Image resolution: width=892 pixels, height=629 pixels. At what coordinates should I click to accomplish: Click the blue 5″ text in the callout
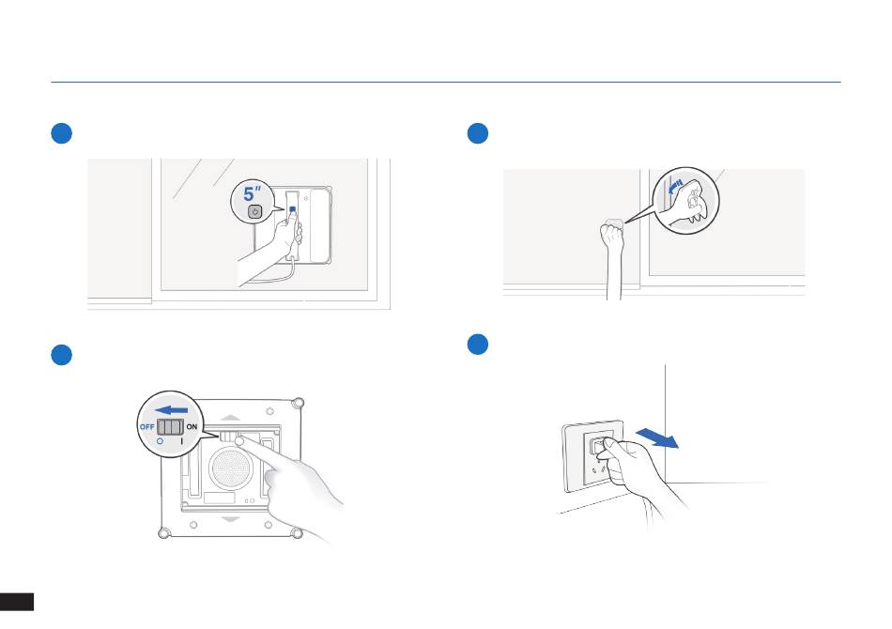252,193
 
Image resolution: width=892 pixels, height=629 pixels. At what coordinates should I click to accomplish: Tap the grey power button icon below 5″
254,211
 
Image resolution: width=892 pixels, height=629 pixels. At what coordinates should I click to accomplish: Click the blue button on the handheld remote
292,209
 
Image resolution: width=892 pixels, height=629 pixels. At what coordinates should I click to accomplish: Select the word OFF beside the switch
146,426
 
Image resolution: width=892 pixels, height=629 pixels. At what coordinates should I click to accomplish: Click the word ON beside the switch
192,426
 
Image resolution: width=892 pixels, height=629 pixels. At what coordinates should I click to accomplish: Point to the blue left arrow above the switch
171,410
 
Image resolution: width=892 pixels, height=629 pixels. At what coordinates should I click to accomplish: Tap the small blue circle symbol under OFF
161,440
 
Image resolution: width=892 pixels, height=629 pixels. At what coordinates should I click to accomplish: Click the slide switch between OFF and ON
170,426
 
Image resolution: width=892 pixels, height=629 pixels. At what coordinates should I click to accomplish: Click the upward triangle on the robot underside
230,418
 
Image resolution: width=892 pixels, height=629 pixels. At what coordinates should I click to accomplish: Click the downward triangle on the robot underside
230,519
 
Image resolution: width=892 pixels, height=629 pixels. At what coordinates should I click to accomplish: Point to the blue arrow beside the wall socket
656,438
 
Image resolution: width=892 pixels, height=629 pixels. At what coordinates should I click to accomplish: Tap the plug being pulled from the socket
599,446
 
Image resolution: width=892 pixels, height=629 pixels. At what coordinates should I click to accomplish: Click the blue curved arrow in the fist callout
675,186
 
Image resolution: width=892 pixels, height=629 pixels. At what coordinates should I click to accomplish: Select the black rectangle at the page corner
17,601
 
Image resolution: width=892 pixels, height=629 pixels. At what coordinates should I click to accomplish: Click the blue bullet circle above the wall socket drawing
478,345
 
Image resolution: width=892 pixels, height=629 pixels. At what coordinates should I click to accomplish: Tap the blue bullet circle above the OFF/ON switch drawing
61,355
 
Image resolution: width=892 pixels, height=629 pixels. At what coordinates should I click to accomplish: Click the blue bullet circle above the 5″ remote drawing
61,133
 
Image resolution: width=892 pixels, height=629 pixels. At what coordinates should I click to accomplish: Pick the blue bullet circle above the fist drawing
478,133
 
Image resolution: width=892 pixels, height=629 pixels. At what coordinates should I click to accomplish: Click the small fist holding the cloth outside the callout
612,235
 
